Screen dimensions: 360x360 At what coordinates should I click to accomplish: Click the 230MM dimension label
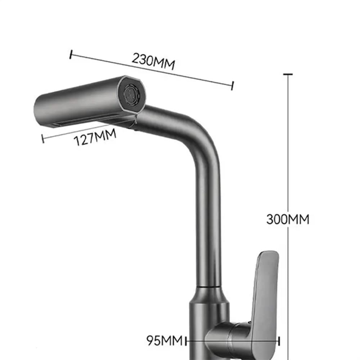pos(153,62)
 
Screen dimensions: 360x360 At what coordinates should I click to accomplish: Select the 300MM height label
pos(288,219)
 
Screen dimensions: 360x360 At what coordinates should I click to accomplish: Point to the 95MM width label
pos(164,340)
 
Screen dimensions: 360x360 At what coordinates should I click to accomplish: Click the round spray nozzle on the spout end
pos(130,94)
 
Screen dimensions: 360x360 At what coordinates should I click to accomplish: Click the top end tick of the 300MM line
pos(288,75)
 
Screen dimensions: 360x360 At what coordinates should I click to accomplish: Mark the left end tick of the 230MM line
pos(71,55)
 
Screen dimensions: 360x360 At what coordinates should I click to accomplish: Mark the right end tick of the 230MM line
pos(233,85)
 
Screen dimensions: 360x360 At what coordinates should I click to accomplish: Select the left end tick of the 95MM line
pos(186,340)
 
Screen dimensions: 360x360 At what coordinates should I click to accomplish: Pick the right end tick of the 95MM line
pos(280,340)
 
